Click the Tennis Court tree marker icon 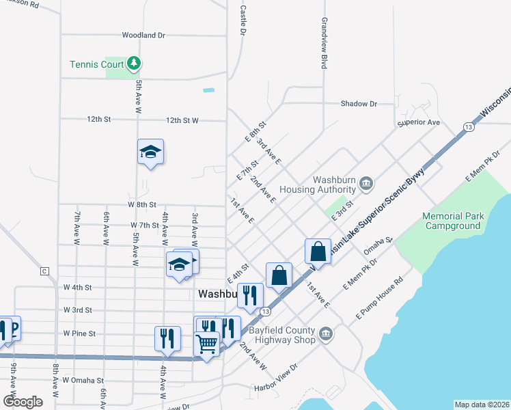(x=135, y=64)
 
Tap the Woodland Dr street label (x=144, y=35)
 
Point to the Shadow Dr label (x=359, y=104)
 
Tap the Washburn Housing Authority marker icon (x=366, y=182)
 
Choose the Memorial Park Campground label (x=452, y=221)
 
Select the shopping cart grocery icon (x=206, y=343)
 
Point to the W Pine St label (x=79, y=333)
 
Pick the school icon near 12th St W (x=151, y=153)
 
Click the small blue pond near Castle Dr (x=208, y=90)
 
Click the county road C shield (x=45, y=271)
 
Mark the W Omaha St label (x=83, y=380)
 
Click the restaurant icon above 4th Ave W (x=167, y=338)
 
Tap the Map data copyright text (x=482, y=405)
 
